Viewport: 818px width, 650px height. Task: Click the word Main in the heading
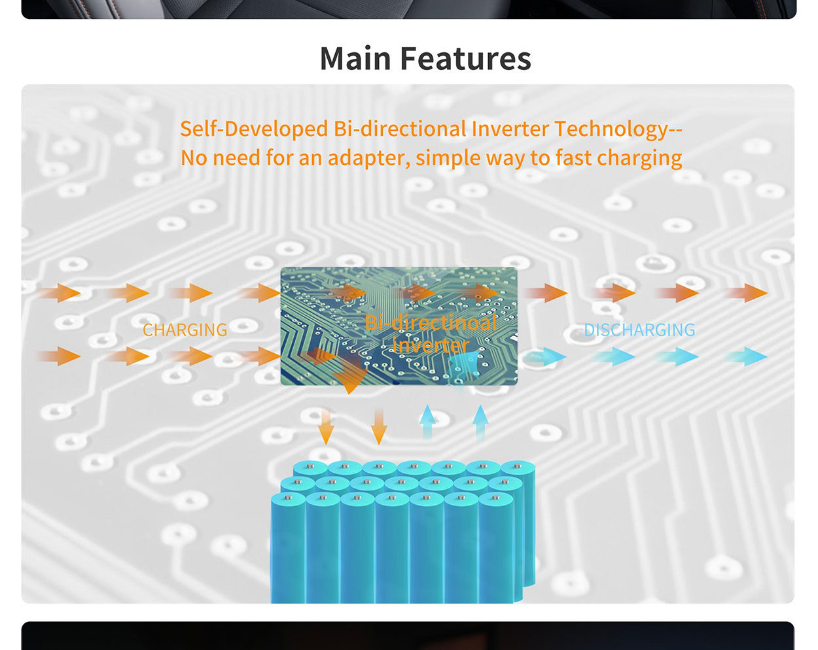[x=355, y=58]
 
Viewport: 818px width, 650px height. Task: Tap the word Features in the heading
[x=466, y=58]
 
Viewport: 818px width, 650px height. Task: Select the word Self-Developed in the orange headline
[x=254, y=129]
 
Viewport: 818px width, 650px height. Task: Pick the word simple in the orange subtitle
[x=448, y=158]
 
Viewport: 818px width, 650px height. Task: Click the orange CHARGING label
[x=185, y=330]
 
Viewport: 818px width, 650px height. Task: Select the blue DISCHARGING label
[x=639, y=330]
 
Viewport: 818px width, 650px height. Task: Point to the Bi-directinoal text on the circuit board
[x=431, y=323]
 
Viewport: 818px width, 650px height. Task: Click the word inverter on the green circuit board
[x=431, y=345]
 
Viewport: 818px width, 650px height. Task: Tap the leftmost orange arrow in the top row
[x=60, y=293]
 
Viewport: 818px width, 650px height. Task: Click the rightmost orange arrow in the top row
[x=746, y=293]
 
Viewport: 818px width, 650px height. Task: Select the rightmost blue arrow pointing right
[x=746, y=357]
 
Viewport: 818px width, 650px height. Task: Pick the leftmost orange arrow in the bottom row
[x=60, y=357]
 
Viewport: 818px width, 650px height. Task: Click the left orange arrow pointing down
[x=326, y=426]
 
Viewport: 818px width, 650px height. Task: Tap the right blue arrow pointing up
[x=480, y=422]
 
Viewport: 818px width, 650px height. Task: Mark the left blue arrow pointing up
[x=427, y=422]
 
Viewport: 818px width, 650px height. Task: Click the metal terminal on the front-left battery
[x=288, y=497]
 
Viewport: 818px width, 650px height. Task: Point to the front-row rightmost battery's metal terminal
[x=495, y=497]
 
